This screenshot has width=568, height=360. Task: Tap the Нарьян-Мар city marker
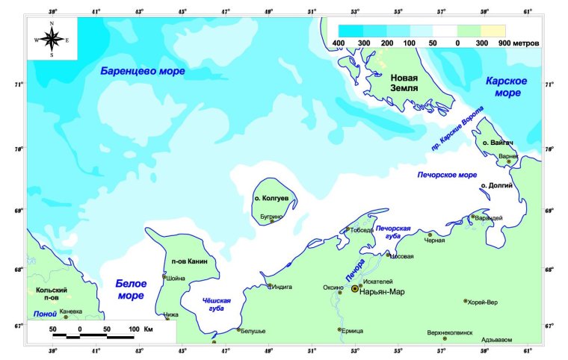pyautogui.click(x=354, y=288)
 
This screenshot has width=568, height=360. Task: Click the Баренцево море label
pyautogui.click(x=143, y=71)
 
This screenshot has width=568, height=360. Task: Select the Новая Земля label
pyautogui.click(x=417, y=81)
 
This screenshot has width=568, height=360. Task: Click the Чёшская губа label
pyautogui.click(x=217, y=304)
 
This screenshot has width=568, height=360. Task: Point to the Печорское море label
pyautogui.click(x=446, y=175)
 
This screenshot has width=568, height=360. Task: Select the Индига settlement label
pyautogui.click(x=282, y=285)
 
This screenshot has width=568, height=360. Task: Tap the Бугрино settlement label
pyautogui.click(x=272, y=216)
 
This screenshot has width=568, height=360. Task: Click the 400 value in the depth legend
pyautogui.click(x=338, y=44)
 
